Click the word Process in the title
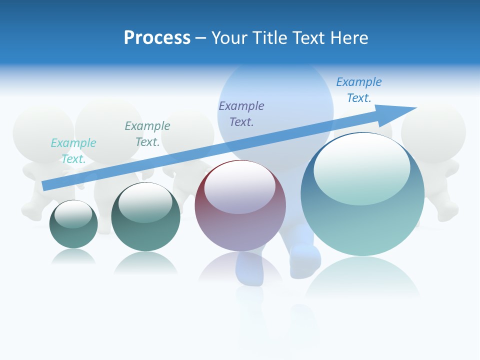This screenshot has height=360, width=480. [157, 38]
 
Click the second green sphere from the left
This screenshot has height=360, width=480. [145, 217]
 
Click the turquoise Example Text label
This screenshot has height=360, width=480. [73, 150]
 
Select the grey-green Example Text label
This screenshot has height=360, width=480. [147, 133]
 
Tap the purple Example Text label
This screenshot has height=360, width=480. [241, 113]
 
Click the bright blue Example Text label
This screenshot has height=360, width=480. [358, 89]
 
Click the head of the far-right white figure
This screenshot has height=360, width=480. [433, 131]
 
